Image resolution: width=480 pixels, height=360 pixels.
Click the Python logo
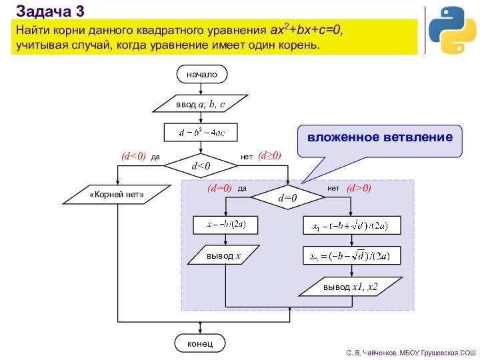pos(452,31)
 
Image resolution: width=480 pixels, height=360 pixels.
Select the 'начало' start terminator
pos(202,74)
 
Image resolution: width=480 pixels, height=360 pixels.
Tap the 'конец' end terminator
pos(200,343)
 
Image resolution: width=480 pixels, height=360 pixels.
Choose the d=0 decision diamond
pos(287,198)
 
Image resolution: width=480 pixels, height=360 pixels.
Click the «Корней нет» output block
pos(117,195)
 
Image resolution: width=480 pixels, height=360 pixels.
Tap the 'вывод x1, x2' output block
pos(351,287)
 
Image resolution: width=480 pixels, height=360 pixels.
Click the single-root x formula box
pos(225,225)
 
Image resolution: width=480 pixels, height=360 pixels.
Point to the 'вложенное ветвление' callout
pos(379,138)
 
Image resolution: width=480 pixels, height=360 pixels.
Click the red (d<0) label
pos(133,156)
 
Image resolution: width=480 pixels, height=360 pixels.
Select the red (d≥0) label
pos(269,155)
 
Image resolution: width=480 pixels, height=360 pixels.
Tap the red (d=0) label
pos(219,189)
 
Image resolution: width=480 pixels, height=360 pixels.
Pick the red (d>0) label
pos(359,189)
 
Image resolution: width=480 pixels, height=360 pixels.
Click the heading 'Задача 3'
pos(50,10)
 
